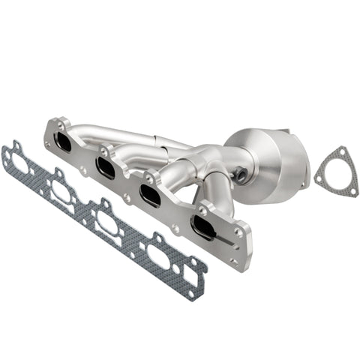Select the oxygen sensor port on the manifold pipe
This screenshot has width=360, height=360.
click(x=242, y=176)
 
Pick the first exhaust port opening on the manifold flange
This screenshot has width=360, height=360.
click(x=64, y=141)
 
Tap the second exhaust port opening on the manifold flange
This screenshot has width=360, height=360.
click(x=106, y=166)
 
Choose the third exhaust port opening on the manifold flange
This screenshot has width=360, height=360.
click(x=150, y=194)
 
